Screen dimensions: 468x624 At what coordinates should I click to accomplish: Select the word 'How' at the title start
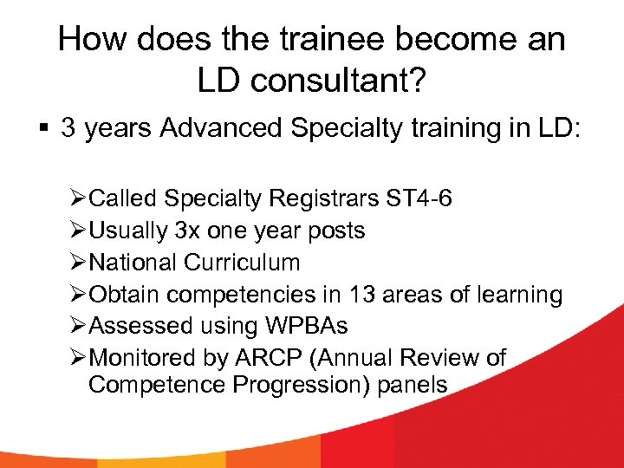pos(92,40)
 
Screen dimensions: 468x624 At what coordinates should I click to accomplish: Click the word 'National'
pos(132,263)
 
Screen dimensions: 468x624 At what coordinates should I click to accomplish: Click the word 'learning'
pos(517,295)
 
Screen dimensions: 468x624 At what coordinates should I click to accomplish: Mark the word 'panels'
pos(412,384)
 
